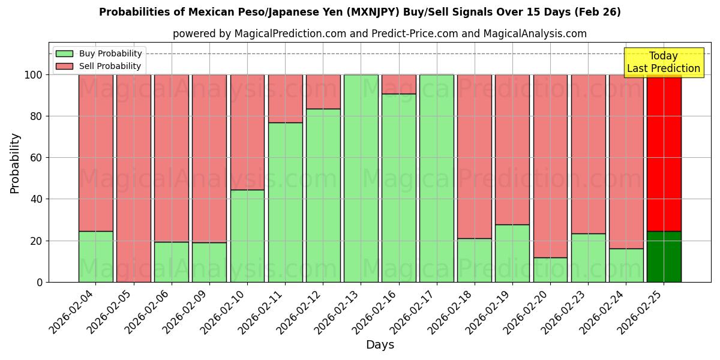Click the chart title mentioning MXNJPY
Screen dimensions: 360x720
[360, 12]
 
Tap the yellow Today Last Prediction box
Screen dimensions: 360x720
[663, 63]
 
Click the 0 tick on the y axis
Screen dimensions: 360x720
[40, 282]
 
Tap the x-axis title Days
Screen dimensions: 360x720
[380, 345]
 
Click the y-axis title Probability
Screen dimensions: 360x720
[15, 163]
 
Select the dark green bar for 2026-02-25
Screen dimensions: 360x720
[664, 257]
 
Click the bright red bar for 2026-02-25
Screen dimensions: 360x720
[664, 153]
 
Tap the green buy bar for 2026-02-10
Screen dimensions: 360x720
[247, 236]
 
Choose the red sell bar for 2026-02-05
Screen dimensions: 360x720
[134, 178]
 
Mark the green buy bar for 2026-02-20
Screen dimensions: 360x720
[550, 270]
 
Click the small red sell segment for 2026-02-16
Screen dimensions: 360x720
[398, 84]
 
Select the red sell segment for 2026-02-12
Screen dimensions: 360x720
[323, 92]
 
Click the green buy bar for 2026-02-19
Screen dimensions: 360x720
[512, 253]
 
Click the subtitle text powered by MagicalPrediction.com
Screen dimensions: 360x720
[380, 34]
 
